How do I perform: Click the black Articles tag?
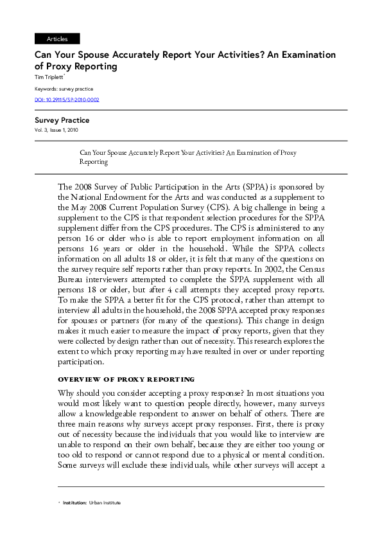(57, 39)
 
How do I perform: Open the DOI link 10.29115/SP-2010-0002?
(67, 100)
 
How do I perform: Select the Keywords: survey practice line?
(64, 89)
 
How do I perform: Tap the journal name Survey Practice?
(62, 120)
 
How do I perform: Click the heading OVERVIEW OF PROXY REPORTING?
(126, 380)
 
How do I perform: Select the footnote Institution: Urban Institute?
(92, 502)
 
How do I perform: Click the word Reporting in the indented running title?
(94, 163)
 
